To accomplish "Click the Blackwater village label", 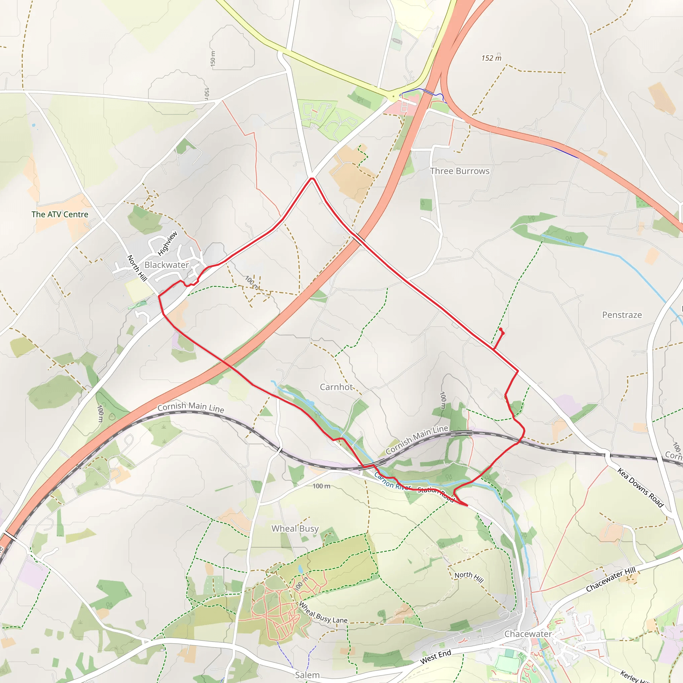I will (166, 265).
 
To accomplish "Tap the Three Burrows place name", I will (460, 171).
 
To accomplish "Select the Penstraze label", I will (622, 315).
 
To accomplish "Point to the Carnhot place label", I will (336, 387).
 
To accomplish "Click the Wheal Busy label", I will (295, 529).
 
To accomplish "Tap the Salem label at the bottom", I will (307, 675).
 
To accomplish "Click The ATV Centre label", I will (60, 214).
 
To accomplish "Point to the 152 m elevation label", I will (491, 58).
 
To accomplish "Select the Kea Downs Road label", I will (640, 487).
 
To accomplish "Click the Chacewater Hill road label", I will (611, 579).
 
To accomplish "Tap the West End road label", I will (436, 656).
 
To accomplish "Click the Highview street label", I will (167, 243).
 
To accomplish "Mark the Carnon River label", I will (392, 482).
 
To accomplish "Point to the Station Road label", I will (436, 494).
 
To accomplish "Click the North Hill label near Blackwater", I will (137, 268).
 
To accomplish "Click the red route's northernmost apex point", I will (312, 178).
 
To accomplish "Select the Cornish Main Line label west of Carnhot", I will (190, 407).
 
